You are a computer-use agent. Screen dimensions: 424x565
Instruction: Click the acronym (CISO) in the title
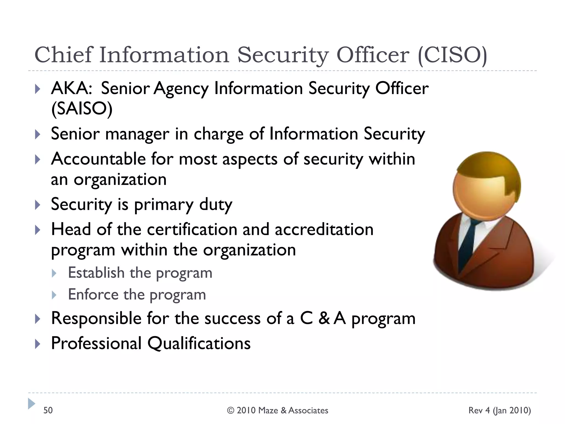tap(453, 55)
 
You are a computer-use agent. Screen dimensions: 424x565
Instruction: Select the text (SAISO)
tap(82, 109)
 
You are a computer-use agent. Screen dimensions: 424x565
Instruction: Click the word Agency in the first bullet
tap(181, 89)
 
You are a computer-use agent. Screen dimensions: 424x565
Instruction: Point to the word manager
tap(137, 134)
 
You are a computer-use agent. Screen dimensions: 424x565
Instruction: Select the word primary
tap(164, 205)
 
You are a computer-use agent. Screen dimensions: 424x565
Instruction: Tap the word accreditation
tap(324, 230)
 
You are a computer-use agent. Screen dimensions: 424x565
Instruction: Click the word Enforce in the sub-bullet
tap(93, 295)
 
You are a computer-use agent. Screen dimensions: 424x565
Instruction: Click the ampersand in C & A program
tap(324, 318)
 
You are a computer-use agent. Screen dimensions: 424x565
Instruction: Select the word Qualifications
tap(199, 343)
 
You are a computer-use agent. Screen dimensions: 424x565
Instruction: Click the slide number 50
tap(48, 410)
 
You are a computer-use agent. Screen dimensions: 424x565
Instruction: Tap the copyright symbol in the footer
tap(231, 410)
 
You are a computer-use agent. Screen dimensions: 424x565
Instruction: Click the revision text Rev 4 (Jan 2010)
tap(499, 410)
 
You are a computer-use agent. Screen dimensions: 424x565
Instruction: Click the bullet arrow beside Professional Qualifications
tap(38, 344)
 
